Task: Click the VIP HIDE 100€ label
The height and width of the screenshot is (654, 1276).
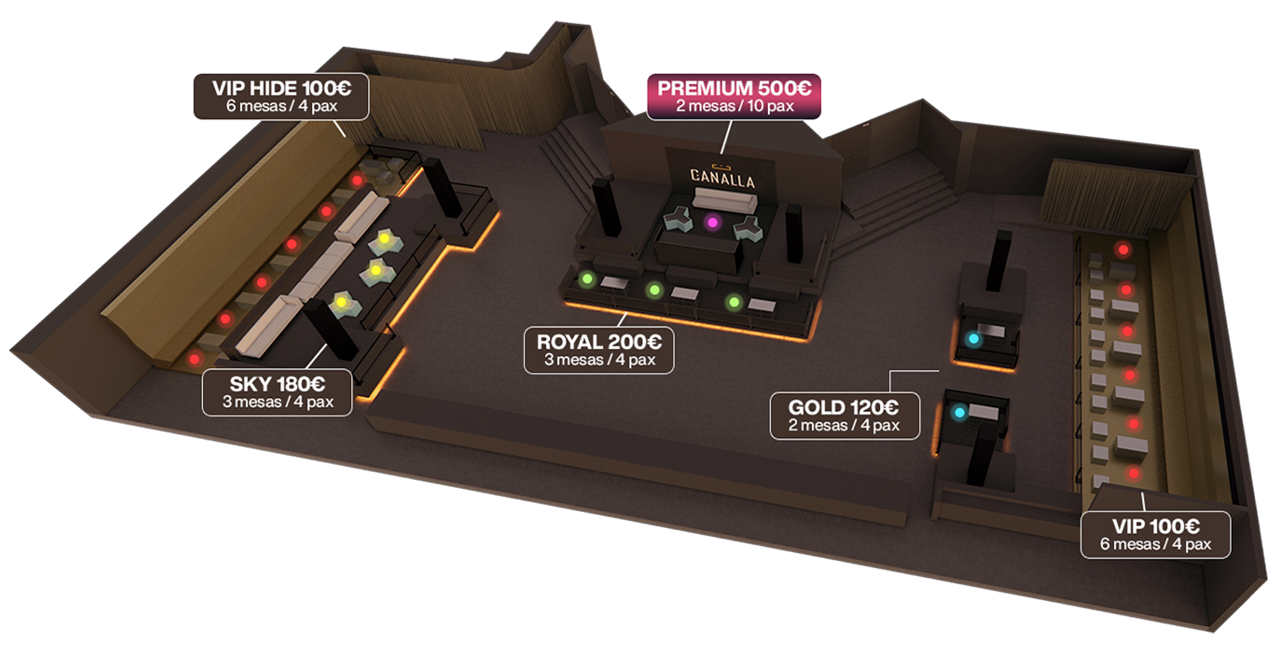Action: click(281, 96)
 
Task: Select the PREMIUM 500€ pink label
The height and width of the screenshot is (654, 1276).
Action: click(733, 96)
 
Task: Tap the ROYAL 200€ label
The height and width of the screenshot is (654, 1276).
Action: click(598, 350)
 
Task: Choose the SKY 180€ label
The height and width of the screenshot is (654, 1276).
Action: click(277, 392)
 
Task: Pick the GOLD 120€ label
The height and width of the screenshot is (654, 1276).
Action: click(844, 415)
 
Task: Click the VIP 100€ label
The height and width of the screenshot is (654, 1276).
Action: click(1155, 535)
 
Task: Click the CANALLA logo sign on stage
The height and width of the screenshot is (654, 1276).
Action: click(721, 177)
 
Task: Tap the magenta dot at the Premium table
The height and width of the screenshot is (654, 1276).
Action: click(712, 222)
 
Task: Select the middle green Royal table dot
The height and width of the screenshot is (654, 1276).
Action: click(654, 290)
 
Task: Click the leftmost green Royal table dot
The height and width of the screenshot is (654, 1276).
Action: click(587, 279)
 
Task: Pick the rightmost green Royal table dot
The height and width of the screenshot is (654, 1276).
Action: click(733, 303)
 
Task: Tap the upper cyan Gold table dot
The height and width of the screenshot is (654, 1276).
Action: click(973, 339)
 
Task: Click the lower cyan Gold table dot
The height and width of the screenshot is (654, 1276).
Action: click(959, 412)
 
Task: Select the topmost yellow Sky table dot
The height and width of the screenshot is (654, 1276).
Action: click(384, 239)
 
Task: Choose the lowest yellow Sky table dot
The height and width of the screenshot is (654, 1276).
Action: click(341, 303)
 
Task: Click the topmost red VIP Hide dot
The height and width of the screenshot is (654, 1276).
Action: click(357, 180)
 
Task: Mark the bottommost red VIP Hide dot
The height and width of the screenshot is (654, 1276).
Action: click(195, 359)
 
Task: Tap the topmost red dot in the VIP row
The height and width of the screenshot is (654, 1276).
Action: click(1124, 249)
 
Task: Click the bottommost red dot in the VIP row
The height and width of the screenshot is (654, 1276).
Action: click(1133, 474)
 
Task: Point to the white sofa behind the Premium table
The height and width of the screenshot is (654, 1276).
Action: click(724, 200)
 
